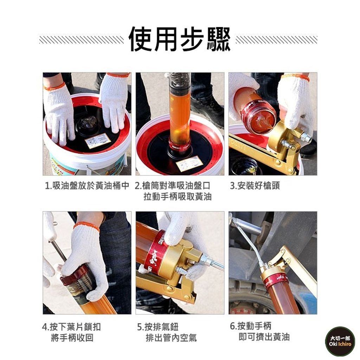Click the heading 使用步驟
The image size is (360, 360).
[x=180, y=39]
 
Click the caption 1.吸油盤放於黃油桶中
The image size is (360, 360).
[x=87, y=186]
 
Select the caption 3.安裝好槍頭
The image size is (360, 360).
[x=255, y=186]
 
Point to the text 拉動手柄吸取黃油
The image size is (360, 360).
[x=178, y=197]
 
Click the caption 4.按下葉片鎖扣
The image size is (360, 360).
[x=72, y=327]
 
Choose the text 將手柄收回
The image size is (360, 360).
[x=72, y=338]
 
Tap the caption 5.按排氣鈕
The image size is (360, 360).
[x=158, y=327]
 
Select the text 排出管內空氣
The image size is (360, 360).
[x=171, y=338]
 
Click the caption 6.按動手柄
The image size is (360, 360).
[x=251, y=326]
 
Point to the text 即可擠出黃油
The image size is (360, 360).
[x=264, y=337]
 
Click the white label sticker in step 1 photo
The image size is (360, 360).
[x=98, y=140]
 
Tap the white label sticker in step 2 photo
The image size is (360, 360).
[x=189, y=163]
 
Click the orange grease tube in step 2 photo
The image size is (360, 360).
[x=180, y=115]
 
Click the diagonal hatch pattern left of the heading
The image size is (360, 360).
[x=82, y=39]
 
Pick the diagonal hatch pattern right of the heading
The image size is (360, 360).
[x=276, y=39]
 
